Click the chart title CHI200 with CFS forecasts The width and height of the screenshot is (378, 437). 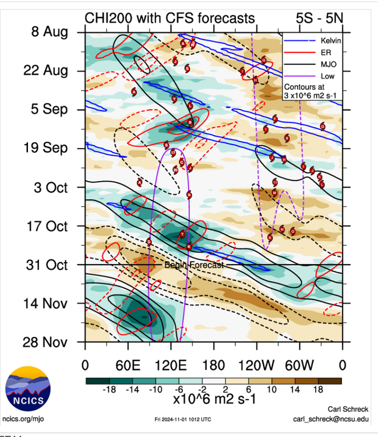click(x=170, y=18)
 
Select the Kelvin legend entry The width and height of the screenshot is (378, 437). click(x=327, y=41)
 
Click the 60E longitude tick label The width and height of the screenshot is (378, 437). click(x=128, y=366)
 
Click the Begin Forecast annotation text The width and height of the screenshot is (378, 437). click(x=193, y=265)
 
